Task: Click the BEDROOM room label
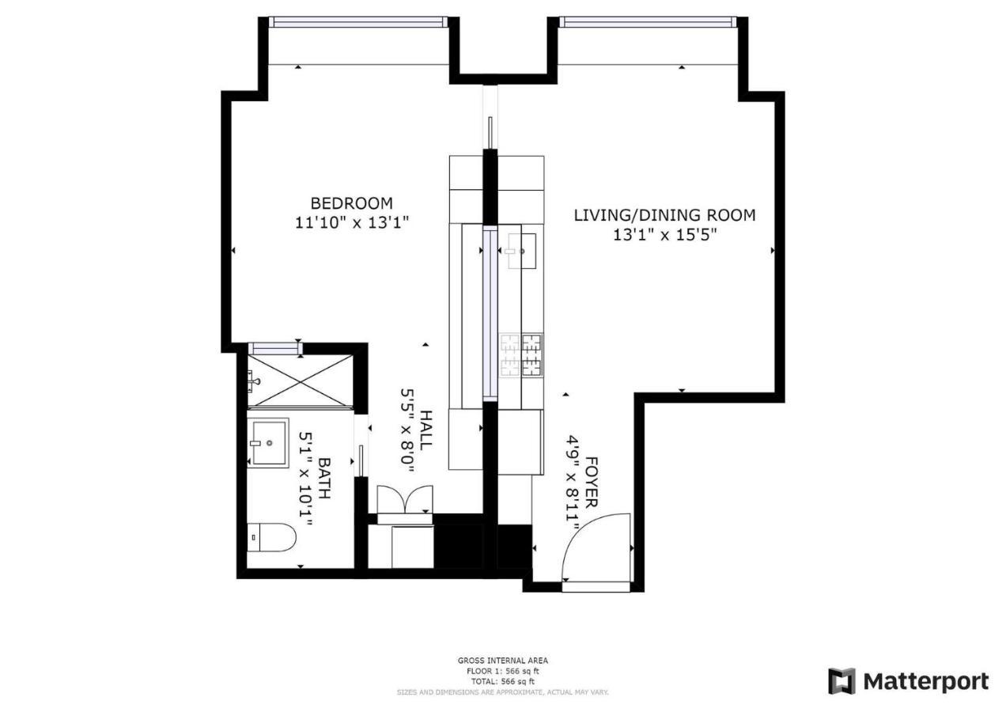(x=351, y=203)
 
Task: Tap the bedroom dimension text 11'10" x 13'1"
(x=351, y=223)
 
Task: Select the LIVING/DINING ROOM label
(x=664, y=215)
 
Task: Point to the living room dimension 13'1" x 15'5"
(x=664, y=235)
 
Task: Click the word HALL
(x=426, y=430)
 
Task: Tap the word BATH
(x=323, y=478)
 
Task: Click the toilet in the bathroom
(x=271, y=538)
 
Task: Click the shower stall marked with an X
(x=301, y=381)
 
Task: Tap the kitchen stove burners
(x=522, y=354)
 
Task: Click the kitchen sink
(x=519, y=251)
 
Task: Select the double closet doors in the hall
(x=404, y=502)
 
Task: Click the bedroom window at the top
(x=359, y=22)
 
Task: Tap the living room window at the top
(x=648, y=22)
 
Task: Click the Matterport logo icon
(x=841, y=681)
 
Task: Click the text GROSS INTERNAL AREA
(x=502, y=661)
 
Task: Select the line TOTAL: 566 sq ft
(x=502, y=681)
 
